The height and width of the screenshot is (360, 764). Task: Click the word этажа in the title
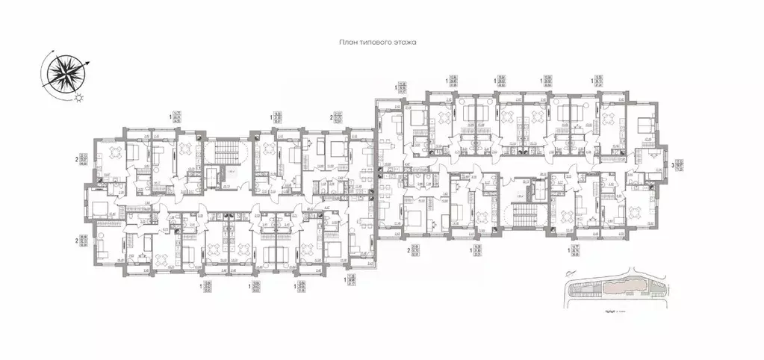[x=405, y=43]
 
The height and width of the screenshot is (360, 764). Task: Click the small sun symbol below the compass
[x=79, y=97]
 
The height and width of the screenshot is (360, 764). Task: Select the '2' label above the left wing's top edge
[x=331, y=117]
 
